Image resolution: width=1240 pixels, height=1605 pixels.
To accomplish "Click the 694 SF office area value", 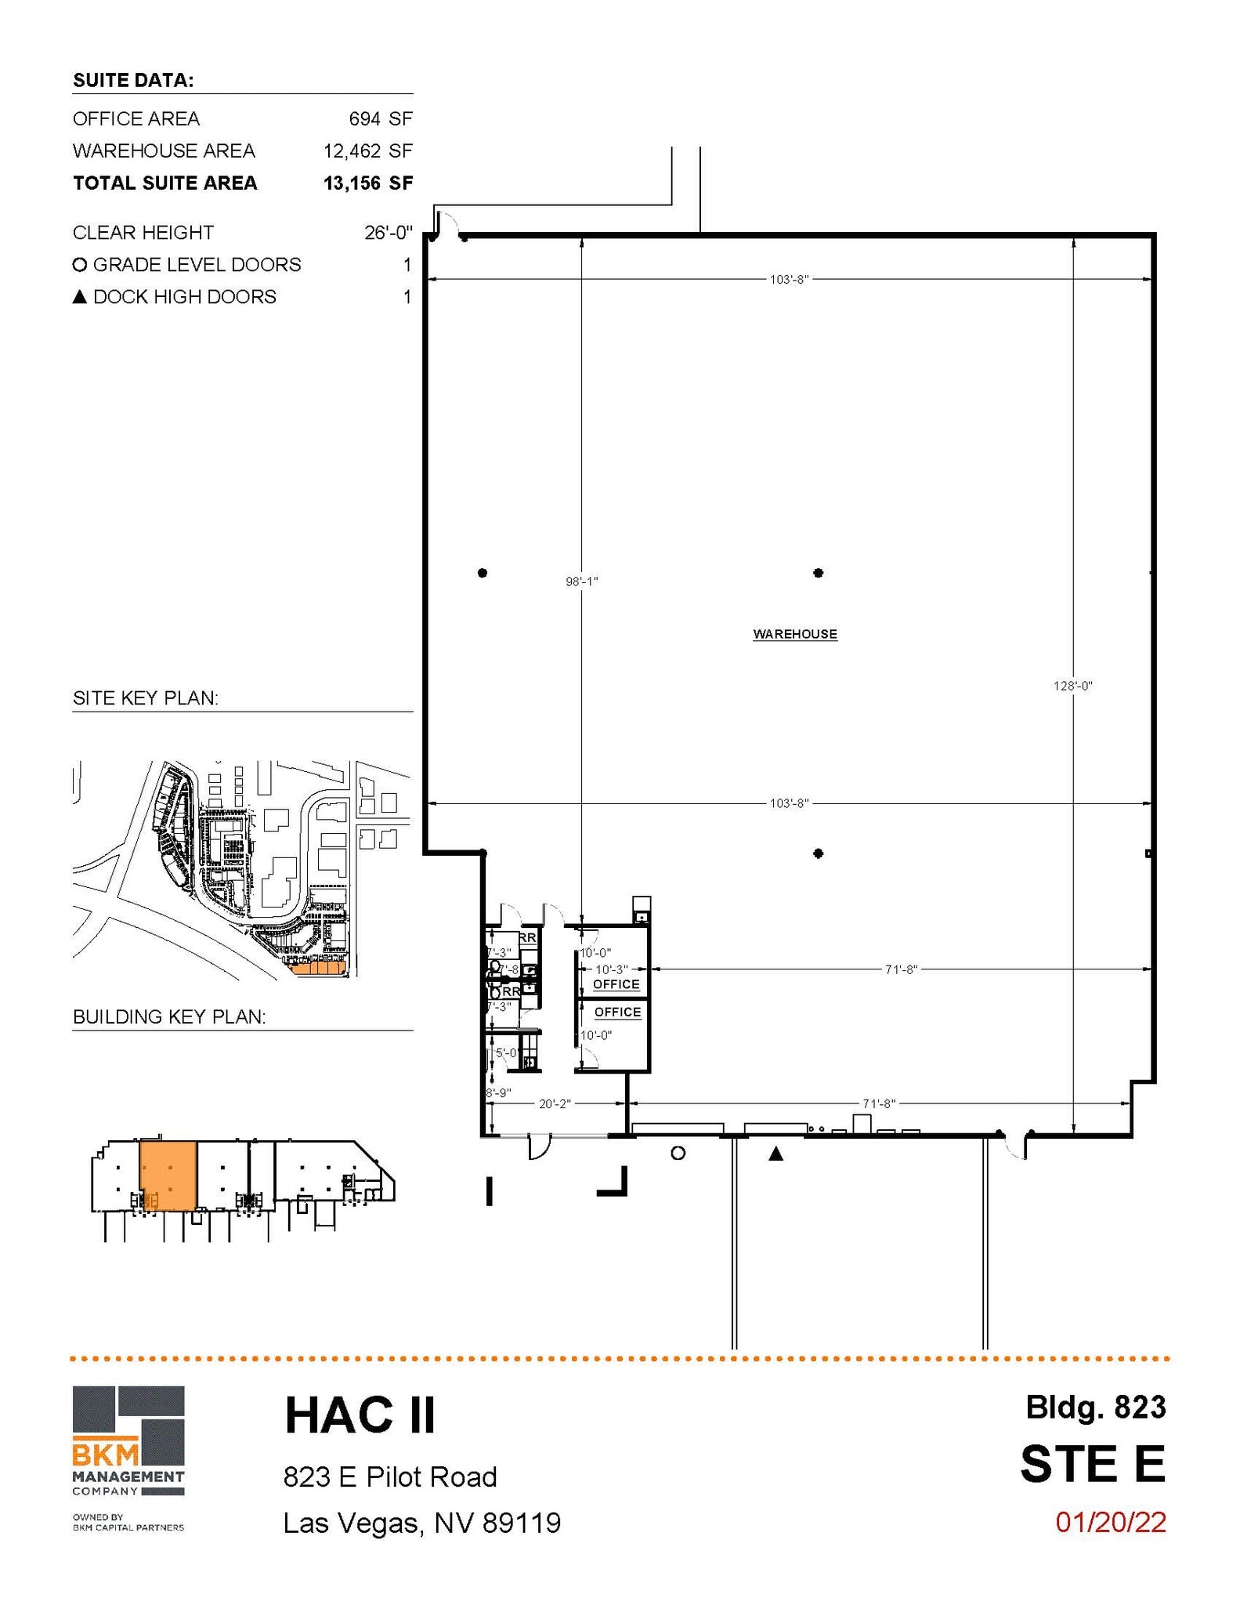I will pos(380,118).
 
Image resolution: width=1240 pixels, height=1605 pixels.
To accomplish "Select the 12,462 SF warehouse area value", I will pos(367,150).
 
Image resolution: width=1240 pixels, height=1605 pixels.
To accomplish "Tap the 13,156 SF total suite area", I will pos(367,183).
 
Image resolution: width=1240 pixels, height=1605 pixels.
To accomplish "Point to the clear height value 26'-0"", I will pos(388,233).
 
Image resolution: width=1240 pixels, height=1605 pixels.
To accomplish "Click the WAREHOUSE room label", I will pos(794,634).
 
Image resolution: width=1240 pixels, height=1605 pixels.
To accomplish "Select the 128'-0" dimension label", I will pos(1072,686).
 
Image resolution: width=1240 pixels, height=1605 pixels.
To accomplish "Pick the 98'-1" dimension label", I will pos(581,581).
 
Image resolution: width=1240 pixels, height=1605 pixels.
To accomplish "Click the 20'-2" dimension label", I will pos(555,1103).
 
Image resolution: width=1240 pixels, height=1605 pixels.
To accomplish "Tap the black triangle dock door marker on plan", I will pos(775,1154).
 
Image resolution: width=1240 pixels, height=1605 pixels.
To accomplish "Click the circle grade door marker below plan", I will pos(678,1153).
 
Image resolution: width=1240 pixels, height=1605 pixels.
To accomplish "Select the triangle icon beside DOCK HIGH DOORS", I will pos(79,297).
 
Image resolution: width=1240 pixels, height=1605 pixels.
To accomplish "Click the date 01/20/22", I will pos(1110,1522).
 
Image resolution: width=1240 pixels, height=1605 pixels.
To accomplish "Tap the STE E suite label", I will pos(1092,1464).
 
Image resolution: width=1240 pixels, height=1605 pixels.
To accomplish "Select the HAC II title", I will pos(360,1415).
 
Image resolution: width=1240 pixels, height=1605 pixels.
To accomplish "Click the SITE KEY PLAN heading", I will pos(145,697).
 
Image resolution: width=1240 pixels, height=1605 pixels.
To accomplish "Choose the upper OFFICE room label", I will pos(616,984).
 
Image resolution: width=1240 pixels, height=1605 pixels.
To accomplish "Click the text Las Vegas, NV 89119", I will pos(421,1523).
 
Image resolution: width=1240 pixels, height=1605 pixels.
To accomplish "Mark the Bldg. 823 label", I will pos(1095,1408).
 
